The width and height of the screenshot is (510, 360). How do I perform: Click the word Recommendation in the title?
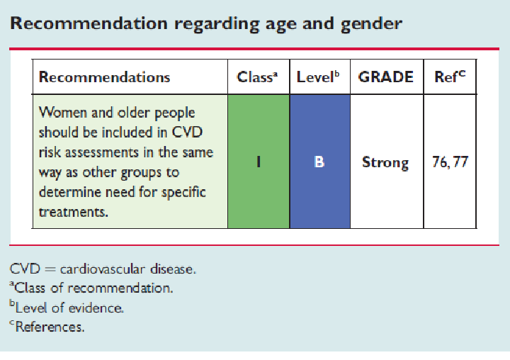point(89,23)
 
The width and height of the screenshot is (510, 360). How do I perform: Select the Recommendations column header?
point(104,77)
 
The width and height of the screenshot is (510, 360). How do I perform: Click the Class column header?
point(257,77)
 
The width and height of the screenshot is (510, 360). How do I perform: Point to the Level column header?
point(318,77)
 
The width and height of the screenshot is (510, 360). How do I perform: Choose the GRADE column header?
point(386,77)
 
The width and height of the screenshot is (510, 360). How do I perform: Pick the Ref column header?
point(450,77)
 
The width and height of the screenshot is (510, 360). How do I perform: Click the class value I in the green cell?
point(259,162)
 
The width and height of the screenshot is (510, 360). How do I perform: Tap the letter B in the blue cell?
point(319,162)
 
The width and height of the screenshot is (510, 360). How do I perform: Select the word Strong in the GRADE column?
point(385,163)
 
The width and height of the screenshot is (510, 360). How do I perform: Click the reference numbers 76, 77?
point(450,162)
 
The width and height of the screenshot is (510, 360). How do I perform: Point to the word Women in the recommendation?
point(63,113)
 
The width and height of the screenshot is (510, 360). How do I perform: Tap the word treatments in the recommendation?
point(73,212)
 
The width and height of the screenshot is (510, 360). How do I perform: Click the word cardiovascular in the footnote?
point(103,269)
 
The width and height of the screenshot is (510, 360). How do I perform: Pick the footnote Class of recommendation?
point(91,288)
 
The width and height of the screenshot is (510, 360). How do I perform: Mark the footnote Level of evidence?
point(67,308)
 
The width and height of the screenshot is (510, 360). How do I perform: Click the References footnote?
point(47,327)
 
